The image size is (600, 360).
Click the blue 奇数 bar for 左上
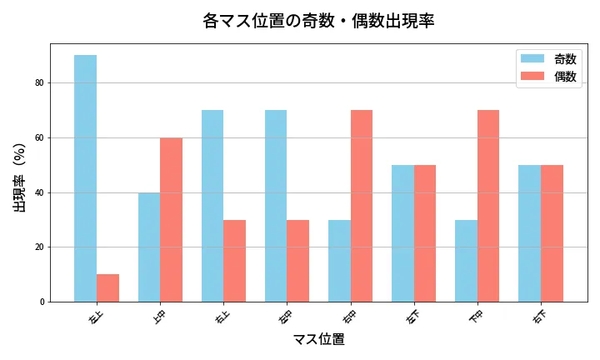point(85,178)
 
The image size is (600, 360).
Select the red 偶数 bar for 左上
point(107,287)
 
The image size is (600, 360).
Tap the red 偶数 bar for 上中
point(171,219)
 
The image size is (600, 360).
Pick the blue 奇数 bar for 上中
point(149,247)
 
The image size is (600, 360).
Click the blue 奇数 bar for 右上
point(212,206)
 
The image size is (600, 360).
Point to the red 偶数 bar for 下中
point(487,206)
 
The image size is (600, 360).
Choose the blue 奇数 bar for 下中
point(466,260)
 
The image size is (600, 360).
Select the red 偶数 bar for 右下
point(552,233)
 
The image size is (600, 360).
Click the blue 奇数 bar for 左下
point(402,233)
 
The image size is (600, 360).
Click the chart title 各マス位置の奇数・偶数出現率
point(318,20)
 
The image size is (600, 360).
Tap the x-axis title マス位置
point(318,339)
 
